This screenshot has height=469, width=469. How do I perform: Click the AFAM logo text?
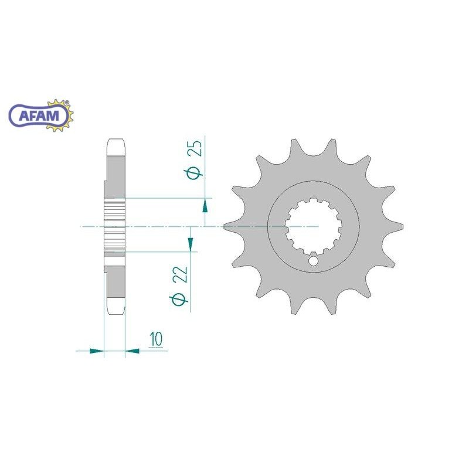(x=39, y=115)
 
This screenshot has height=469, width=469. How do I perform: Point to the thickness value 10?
(x=156, y=339)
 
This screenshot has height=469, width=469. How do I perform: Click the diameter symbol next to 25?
(x=193, y=174)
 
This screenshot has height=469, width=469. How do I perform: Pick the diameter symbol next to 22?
(x=179, y=299)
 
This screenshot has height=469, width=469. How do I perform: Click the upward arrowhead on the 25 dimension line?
(x=205, y=206)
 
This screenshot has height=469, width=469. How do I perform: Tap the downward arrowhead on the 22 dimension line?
(x=190, y=244)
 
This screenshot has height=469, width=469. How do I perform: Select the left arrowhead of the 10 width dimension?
(x=97, y=351)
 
